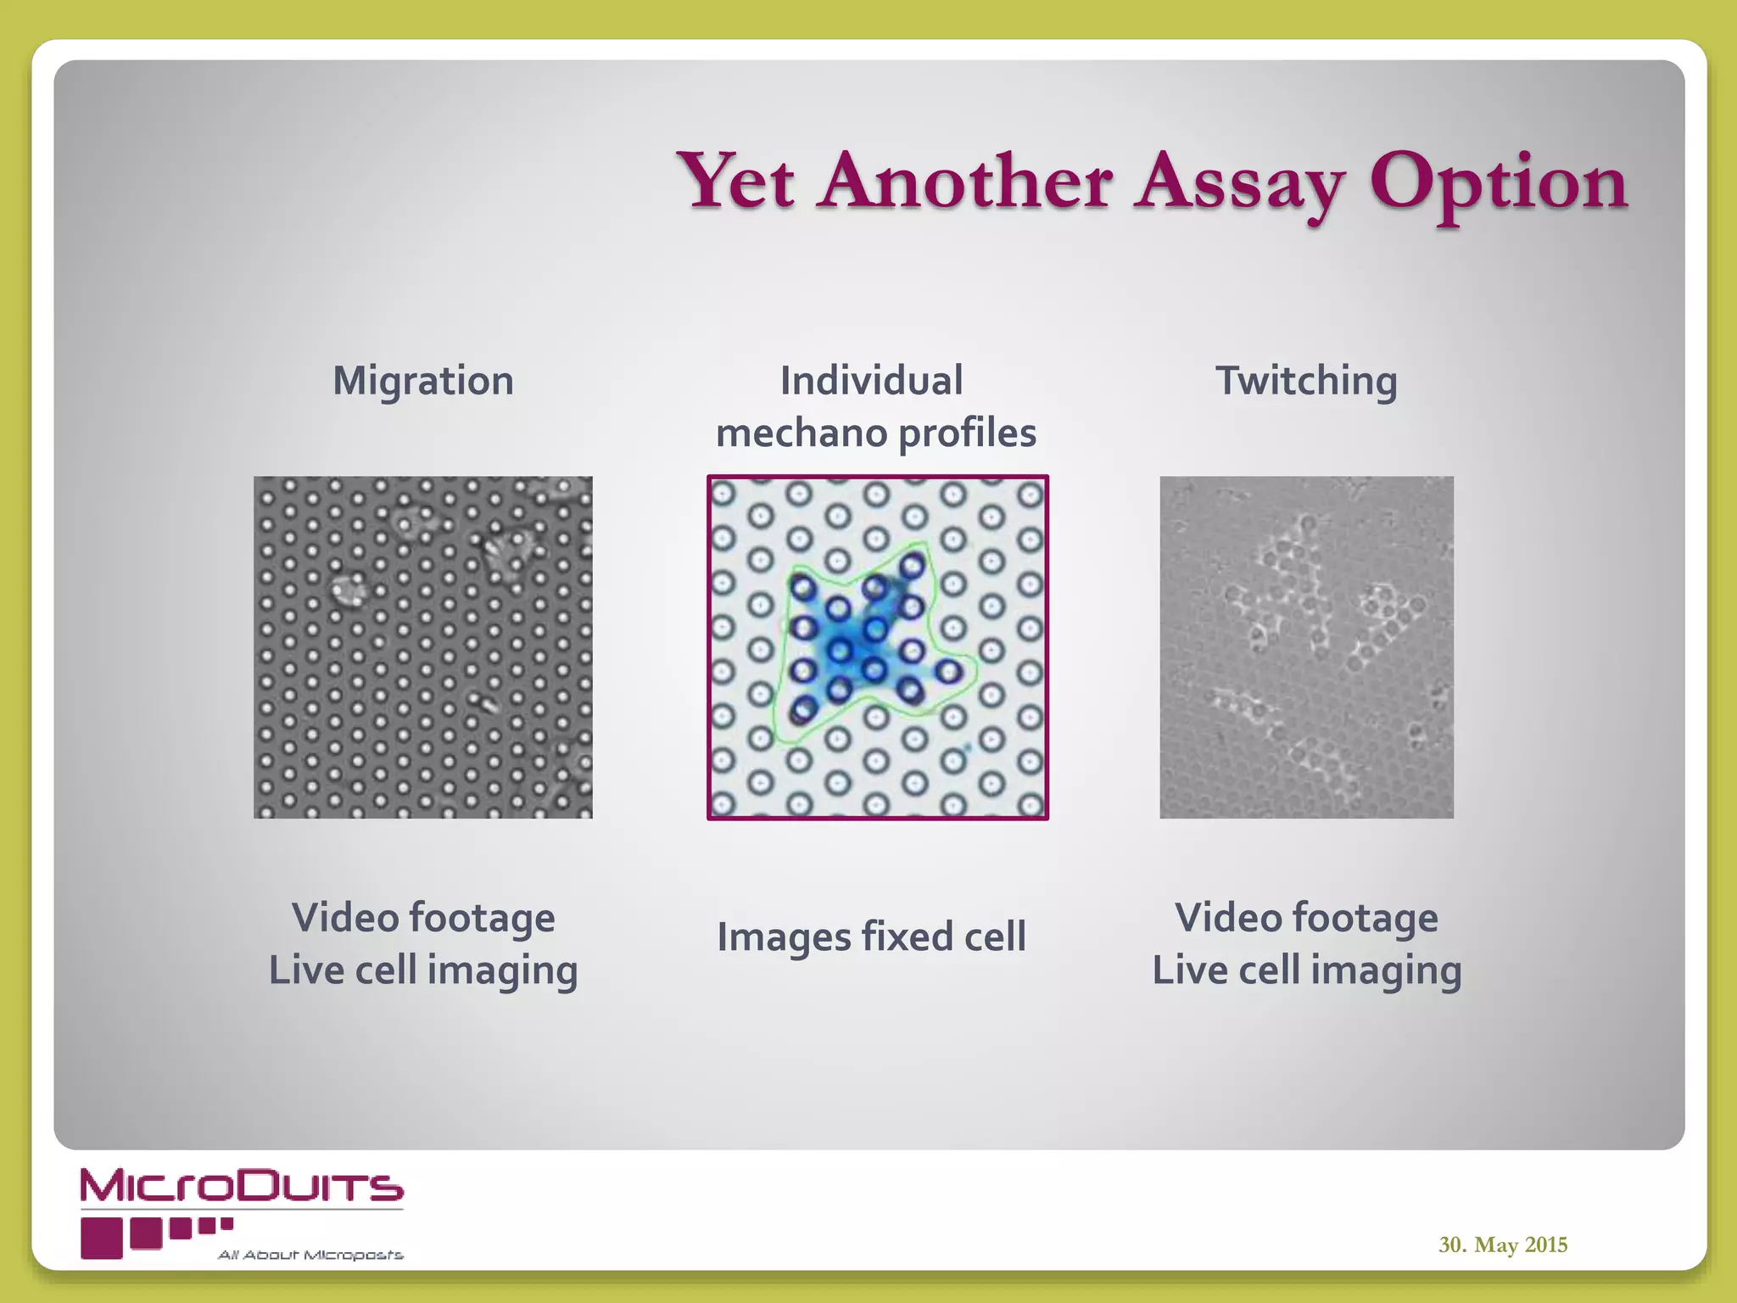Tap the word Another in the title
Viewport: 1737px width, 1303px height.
click(965, 181)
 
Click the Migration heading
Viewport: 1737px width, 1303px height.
click(423, 380)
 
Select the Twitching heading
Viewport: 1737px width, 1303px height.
click(1306, 380)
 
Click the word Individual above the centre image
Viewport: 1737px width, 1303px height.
click(871, 380)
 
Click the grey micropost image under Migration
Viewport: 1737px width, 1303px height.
click(423, 647)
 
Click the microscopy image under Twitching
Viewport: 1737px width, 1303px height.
click(1306, 647)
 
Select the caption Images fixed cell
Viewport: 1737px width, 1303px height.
click(871, 937)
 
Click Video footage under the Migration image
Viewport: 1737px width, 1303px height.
click(423, 918)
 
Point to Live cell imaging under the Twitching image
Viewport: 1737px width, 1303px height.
click(1306, 970)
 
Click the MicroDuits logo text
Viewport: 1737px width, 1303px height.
click(242, 1186)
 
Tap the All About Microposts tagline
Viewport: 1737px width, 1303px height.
click(310, 1255)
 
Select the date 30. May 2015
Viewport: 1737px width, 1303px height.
click(1502, 1244)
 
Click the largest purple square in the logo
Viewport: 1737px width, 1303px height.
click(102, 1238)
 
